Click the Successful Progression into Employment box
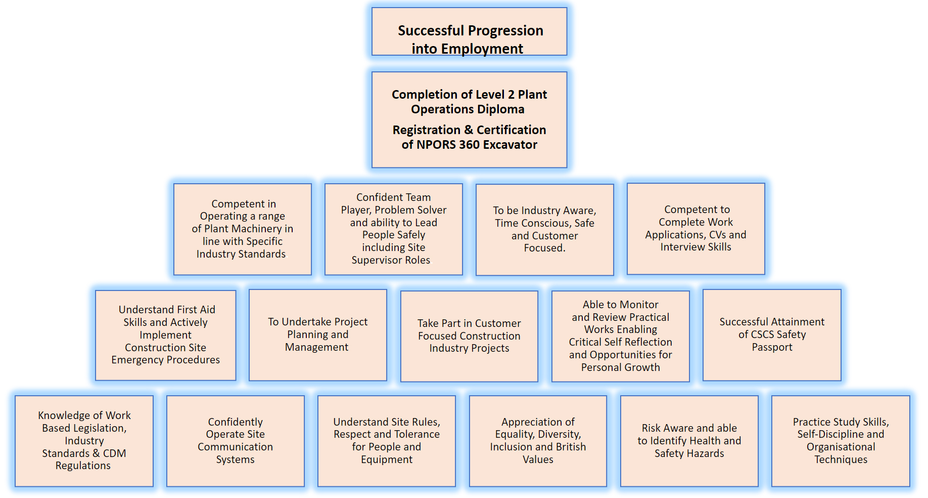click(x=469, y=31)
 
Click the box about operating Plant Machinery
click(x=243, y=229)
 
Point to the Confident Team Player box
click(x=394, y=229)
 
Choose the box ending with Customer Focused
click(x=545, y=230)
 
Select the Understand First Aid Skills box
click(x=166, y=335)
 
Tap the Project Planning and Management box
click(x=318, y=335)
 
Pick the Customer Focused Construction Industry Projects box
click(x=469, y=336)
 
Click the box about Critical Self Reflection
click(x=621, y=336)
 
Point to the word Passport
click(x=772, y=347)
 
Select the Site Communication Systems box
click(x=236, y=441)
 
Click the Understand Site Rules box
click(x=387, y=441)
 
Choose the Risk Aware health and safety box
click(x=689, y=441)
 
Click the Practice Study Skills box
click(x=841, y=441)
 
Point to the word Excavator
click(x=510, y=145)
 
